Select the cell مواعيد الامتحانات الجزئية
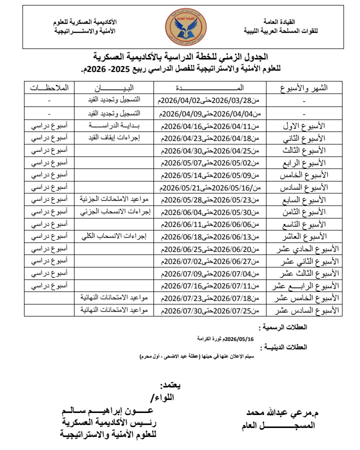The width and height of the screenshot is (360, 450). click(114, 199)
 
